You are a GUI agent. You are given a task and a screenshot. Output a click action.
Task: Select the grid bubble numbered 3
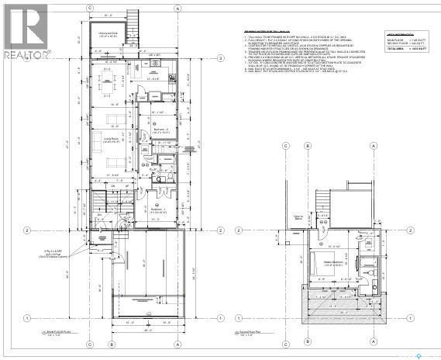221,58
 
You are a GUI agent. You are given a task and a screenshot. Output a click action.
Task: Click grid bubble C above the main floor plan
90,6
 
